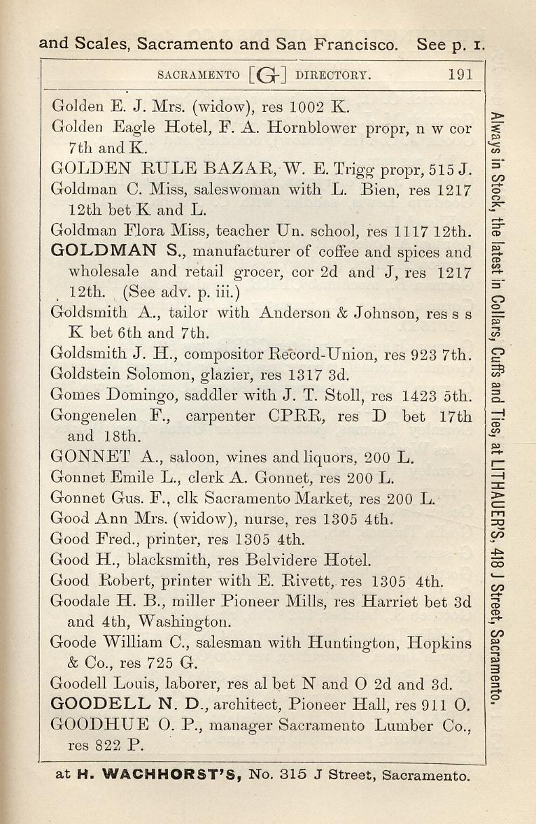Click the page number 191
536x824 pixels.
[460, 74]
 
